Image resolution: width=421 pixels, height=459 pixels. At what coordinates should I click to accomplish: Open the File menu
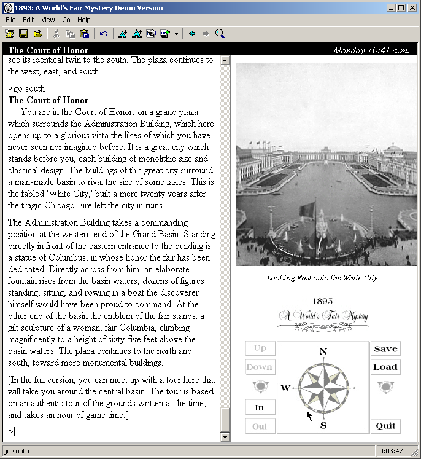10,20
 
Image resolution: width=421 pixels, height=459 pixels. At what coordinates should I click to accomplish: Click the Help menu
83,20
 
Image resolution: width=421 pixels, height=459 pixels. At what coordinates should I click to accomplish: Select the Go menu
66,20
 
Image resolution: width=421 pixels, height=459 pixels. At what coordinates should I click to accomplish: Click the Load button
385,367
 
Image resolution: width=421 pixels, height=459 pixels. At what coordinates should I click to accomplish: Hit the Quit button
385,426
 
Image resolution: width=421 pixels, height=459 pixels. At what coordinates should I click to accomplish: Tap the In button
260,407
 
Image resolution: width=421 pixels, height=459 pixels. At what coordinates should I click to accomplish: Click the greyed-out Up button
260,348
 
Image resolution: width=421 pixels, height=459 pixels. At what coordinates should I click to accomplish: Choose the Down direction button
260,367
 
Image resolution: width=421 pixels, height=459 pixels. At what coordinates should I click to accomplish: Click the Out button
260,426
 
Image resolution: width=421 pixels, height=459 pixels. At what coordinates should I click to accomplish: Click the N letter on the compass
323,352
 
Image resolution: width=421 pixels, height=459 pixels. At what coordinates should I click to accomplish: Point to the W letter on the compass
285,388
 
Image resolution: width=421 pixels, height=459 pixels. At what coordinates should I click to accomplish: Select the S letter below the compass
323,425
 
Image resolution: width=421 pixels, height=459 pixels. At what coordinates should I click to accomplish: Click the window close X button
413,7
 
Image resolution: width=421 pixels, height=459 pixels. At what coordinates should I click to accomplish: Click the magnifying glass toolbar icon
220,34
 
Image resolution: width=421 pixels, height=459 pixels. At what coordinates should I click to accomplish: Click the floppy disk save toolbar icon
23,34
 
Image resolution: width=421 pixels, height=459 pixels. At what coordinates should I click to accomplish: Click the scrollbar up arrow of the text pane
225,60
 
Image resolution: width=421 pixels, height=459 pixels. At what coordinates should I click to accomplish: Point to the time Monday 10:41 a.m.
371,50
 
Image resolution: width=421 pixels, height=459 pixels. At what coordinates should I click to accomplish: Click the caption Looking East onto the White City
323,277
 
